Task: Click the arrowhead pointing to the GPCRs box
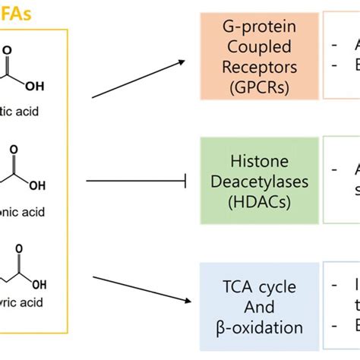(x=182, y=63)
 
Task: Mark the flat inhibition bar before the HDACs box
(x=185, y=181)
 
